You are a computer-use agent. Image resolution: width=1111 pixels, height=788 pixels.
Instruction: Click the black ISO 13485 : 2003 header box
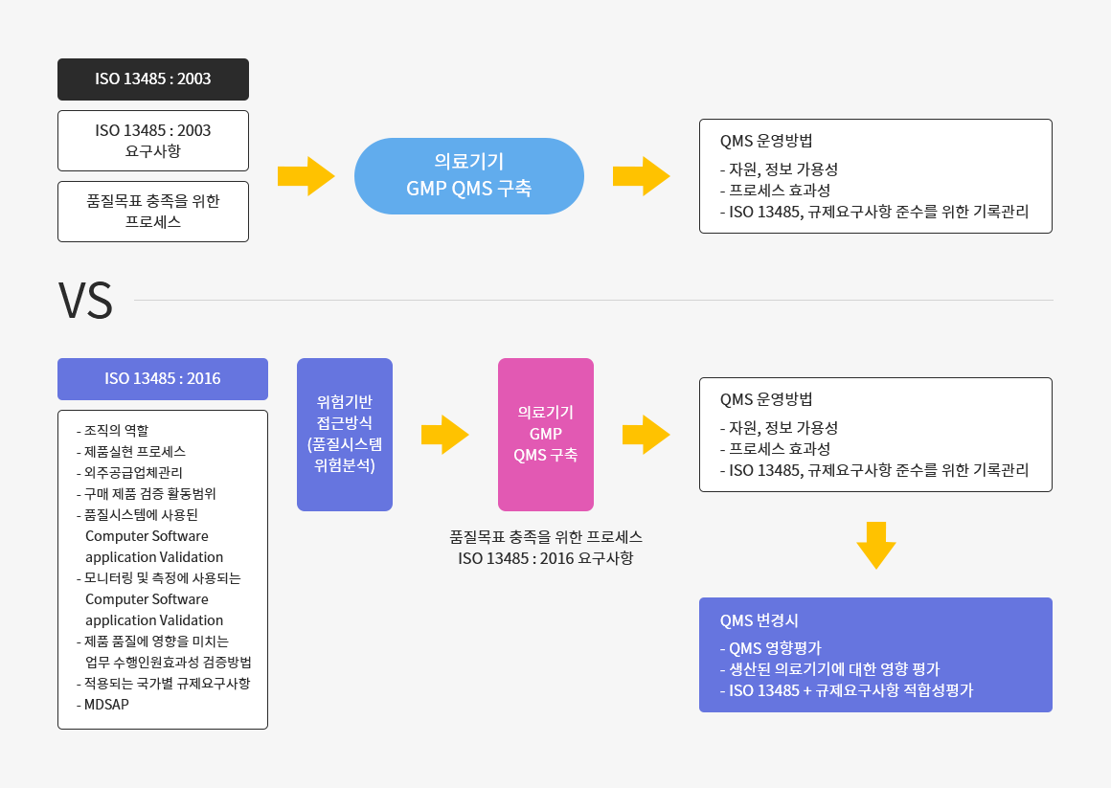click(x=153, y=79)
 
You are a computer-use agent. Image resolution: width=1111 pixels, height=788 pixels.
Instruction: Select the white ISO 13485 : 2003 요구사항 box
click(x=153, y=141)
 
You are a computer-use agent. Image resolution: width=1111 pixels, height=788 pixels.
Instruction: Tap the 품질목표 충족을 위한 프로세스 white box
click(x=153, y=212)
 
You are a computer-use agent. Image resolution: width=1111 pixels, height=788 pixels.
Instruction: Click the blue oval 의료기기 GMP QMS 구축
click(x=469, y=176)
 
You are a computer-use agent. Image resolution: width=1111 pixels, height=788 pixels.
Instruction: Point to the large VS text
click(x=85, y=301)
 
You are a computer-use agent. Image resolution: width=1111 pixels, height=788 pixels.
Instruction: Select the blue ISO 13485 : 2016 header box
click(x=163, y=379)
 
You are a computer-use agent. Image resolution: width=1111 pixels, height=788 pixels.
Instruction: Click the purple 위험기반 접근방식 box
click(x=345, y=435)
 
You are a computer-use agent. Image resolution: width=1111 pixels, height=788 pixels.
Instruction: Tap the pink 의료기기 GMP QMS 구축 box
click(x=546, y=435)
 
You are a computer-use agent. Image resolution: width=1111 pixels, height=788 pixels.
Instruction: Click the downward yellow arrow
click(x=876, y=546)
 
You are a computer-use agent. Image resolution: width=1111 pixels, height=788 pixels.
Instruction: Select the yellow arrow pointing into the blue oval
click(x=306, y=176)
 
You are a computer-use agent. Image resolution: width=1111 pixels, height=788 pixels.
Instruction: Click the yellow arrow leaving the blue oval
click(x=642, y=176)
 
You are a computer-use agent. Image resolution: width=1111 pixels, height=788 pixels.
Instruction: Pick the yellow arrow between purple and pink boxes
click(x=445, y=435)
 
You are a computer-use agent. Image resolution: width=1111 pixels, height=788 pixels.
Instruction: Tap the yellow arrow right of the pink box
click(x=646, y=435)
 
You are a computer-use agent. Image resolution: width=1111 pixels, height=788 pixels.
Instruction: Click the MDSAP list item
click(x=102, y=705)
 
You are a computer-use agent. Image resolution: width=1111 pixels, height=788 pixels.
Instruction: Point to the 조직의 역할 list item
click(x=113, y=430)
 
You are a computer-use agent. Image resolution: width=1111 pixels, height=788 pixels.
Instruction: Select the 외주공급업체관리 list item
click(x=129, y=473)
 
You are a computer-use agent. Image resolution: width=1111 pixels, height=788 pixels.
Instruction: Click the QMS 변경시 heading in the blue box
click(x=759, y=620)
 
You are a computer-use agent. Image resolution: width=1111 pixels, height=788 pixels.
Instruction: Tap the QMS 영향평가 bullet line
click(x=771, y=648)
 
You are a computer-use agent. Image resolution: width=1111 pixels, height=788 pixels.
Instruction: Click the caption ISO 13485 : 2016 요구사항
click(x=546, y=558)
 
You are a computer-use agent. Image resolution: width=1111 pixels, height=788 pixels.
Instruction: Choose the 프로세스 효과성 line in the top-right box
click(x=775, y=191)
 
